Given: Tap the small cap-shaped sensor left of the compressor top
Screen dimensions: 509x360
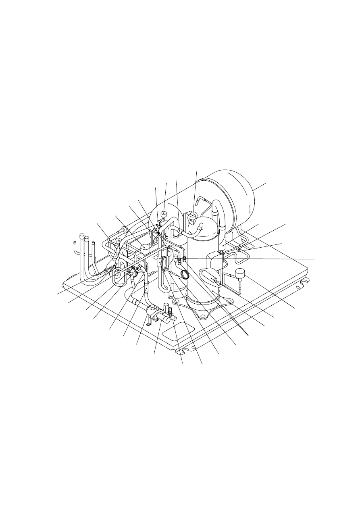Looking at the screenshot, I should [x=164, y=214].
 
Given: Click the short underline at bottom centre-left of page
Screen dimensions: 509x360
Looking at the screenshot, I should [x=163, y=493].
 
